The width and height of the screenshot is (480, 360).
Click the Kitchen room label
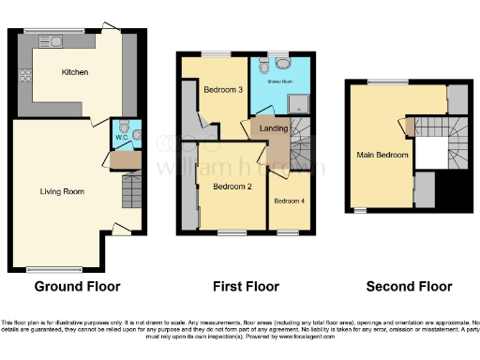tap(75, 72)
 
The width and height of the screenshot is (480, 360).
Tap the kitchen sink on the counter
tap(51, 40)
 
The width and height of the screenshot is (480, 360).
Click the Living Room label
tap(62, 191)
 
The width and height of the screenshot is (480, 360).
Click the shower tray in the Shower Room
tap(297, 101)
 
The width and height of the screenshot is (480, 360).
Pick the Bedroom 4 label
tap(288, 201)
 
